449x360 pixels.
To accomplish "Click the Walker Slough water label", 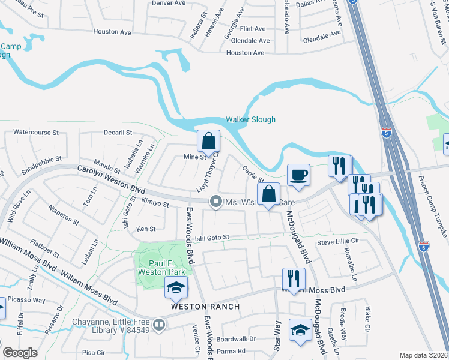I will [x=250, y=119].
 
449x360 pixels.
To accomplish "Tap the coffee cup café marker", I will [x=298, y=175].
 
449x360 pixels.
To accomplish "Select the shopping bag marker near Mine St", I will [x=208, y=142].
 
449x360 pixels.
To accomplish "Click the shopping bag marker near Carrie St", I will [x=268, y=194].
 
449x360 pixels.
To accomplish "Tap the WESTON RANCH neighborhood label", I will [x=206, y=307].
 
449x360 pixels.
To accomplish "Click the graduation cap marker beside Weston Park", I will [x=176, y=289].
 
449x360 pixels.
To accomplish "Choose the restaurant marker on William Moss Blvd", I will [x=294, y=278].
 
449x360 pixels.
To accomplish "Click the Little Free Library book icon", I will [x=159, y=325].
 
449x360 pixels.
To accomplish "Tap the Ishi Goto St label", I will [x=212, y=239].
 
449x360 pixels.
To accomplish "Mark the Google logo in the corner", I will [x=20, y=353].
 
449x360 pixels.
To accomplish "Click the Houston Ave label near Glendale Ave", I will [x=245, y=53].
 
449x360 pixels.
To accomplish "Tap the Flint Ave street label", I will [x=252, y=29].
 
